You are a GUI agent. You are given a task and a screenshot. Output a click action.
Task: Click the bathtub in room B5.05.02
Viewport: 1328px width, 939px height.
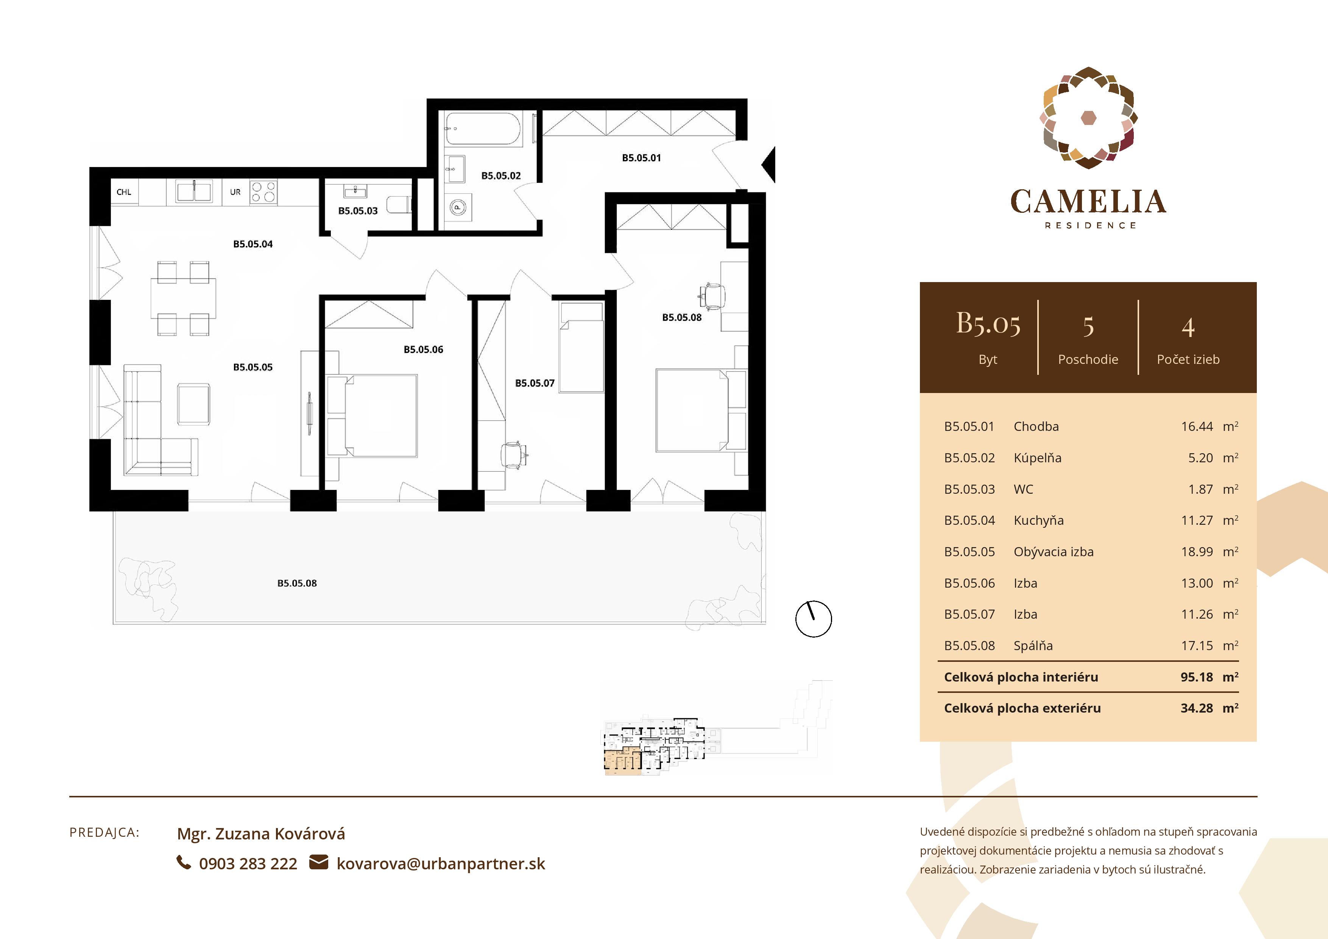click(483, 128)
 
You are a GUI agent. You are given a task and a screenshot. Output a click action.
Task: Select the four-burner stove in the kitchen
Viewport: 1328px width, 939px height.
click(263, 192)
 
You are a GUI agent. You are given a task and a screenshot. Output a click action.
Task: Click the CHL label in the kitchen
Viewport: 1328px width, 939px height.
click(124, 192)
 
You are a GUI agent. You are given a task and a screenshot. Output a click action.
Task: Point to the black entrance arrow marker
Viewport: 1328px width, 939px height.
click(769, 165)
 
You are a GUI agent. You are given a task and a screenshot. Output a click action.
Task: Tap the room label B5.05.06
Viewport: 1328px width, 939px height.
click(423, 349)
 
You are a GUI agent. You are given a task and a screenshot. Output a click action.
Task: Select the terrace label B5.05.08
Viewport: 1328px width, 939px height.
click(297, 583)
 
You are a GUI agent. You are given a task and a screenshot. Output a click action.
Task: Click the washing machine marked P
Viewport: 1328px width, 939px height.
click(458, 207)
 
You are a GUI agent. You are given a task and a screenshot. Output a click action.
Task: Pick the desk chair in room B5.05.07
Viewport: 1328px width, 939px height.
click(513, 455)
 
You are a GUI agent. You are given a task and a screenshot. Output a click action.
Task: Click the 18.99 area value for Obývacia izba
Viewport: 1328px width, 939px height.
click(1196, 552)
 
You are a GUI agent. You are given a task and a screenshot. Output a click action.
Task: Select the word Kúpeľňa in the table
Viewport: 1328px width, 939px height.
click(1037, 458)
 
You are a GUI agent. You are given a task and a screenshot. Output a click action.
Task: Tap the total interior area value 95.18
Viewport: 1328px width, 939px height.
click(1196, 677)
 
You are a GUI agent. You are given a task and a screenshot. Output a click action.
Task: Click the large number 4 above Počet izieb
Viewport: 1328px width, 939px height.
click(1188, 328)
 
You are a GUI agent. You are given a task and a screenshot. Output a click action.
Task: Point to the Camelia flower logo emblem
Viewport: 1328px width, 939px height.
click(1088, 118)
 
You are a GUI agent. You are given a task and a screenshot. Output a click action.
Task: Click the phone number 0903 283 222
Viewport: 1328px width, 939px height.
click(248, 864)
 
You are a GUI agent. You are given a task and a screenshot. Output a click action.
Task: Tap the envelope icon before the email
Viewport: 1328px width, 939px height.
click(318, 863)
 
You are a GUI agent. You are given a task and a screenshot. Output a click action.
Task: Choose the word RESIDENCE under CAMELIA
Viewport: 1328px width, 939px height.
click(1090, 226)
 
